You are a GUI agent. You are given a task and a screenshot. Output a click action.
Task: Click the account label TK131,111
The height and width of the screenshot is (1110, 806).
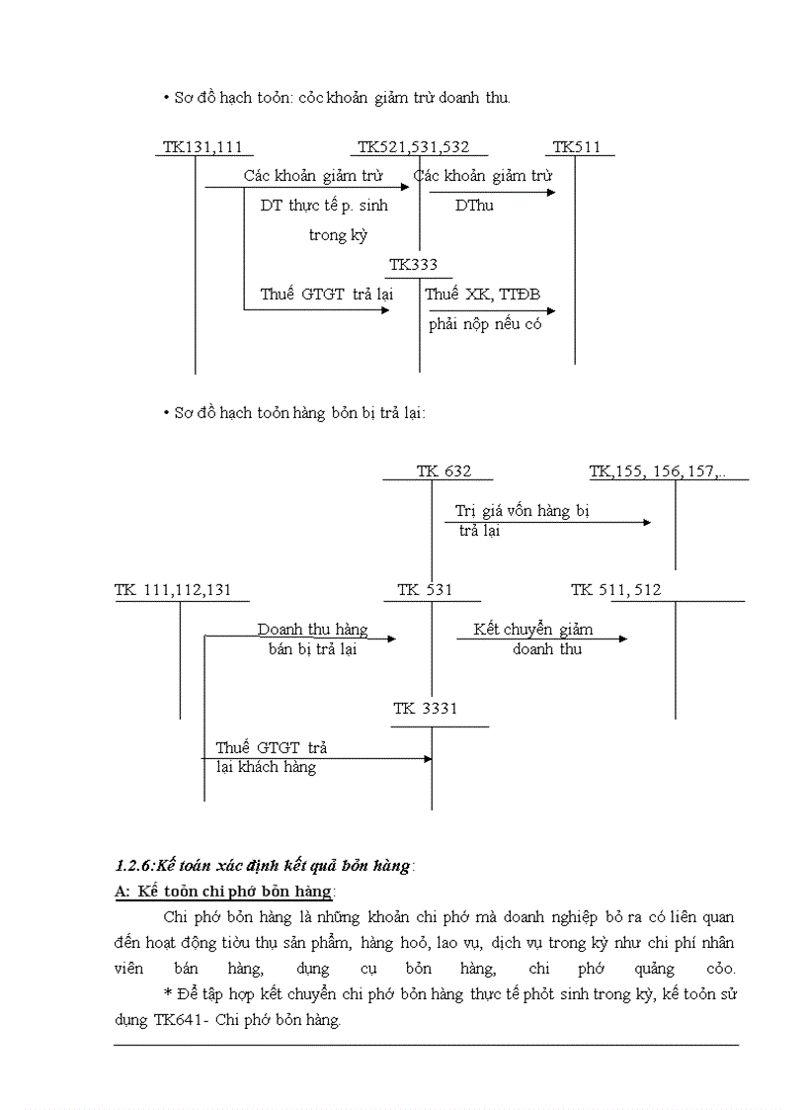click(202, 147)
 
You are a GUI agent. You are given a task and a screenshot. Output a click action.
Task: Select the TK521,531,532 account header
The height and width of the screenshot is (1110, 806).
click(413, 147)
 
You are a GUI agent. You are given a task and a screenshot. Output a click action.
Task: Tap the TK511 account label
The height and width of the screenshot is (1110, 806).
click(577, 147)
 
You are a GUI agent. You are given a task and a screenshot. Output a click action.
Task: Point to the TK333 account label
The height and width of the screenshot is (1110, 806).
click(413, 265)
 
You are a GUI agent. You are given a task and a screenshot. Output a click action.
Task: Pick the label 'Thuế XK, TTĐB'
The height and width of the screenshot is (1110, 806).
click(483, 295)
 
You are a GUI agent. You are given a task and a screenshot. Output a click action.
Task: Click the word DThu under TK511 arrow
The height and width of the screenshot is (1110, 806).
click(474, 206)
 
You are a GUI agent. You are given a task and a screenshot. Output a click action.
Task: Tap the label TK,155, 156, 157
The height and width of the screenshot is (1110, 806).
click(658, 471)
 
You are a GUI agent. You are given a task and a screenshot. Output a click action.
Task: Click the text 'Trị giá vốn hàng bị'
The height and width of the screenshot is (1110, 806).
click(522, 511)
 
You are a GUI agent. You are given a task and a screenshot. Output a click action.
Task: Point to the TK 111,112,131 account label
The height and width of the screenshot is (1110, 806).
click(173, 590)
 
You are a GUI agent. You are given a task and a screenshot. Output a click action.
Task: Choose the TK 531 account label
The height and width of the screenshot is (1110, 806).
click(425, 590)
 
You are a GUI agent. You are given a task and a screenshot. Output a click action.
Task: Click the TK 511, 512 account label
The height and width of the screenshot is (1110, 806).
click(616, 590)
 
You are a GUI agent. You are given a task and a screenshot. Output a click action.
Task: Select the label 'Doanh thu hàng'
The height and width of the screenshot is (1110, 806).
click(312, 630)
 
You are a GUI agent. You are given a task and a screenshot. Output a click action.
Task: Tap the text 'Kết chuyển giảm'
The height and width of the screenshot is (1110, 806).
click(533, 630)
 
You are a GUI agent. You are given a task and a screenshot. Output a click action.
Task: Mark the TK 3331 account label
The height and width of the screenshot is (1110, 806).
click(426, 709)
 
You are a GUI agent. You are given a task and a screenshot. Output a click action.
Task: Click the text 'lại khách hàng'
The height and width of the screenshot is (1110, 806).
click(266, 767)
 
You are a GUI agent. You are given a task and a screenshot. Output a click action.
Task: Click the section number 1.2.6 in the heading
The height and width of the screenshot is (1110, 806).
click(137, 866)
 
